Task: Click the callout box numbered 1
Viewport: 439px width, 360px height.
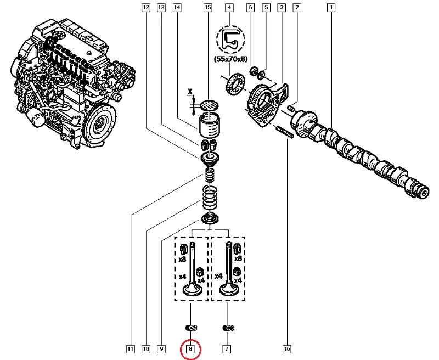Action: (331, 8)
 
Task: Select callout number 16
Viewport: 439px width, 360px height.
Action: (286, 348)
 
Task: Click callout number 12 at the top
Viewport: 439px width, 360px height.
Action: (145, 8)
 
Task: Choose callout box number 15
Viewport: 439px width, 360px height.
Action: (207, 8)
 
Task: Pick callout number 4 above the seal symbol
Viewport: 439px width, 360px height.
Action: (229, 8)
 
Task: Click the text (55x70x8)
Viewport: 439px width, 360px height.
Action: (230, 59)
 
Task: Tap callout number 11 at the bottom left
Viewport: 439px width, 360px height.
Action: (130, 348)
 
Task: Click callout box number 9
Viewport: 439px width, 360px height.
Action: (161, 348)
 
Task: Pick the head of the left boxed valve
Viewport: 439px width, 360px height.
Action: (192, 289)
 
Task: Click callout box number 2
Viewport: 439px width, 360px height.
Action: (297, 8)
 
